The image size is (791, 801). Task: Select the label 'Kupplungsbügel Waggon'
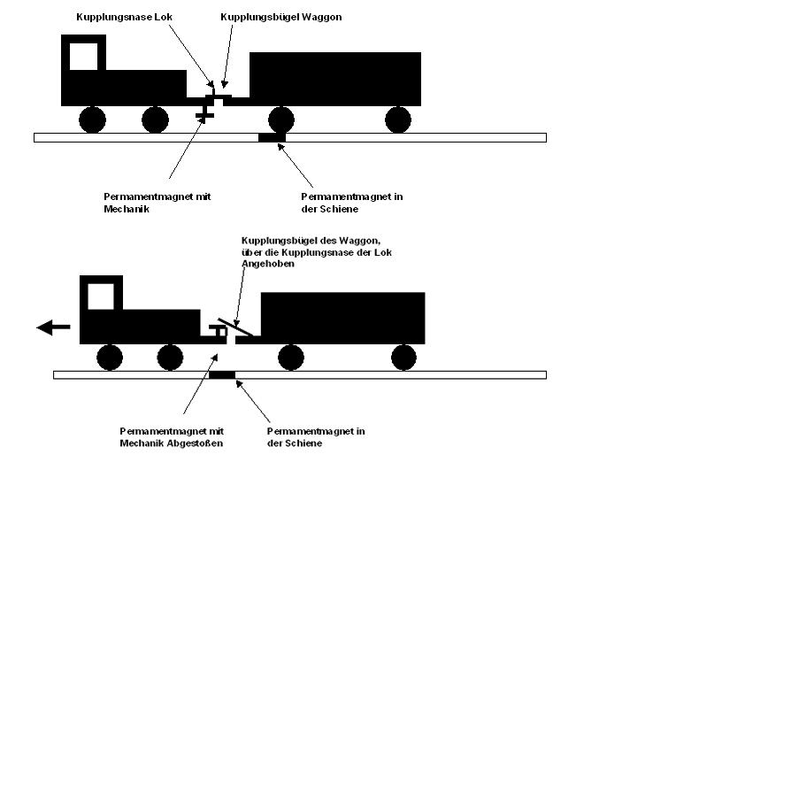coord(280,17)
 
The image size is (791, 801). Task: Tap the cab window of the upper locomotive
coord(83,56)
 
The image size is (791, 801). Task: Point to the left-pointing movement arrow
coord(53,327)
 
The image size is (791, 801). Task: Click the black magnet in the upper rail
coord(272,137)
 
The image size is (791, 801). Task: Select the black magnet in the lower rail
coord(222,375)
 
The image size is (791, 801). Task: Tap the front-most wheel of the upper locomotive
coord(92,119)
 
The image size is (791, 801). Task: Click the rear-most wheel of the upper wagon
coord(398,119)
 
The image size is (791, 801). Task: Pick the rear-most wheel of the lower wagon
coord(403,358)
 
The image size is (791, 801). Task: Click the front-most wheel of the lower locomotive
coord(110,358)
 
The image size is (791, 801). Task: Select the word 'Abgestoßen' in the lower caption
coord(194,443)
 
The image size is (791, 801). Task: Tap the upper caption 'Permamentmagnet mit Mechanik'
coord(157,203)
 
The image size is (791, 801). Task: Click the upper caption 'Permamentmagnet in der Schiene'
coord(351,203)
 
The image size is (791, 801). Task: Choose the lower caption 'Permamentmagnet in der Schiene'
coord(316,436)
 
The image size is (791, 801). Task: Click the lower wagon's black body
coord(342,316)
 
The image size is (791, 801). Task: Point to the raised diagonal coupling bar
coord(235,327)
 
